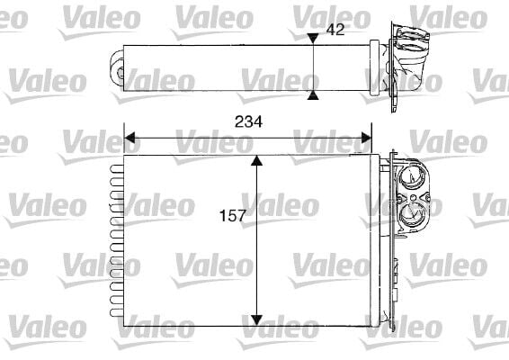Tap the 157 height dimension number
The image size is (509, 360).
(233, 216)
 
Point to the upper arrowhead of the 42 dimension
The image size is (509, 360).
(312, 38)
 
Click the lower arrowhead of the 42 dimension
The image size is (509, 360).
(312, 94)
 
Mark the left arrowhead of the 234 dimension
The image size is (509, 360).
(129, 139)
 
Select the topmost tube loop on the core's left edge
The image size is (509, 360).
(114, 166)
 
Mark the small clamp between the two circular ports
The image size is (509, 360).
(410, 195)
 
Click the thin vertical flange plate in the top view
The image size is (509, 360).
(395, 67)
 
